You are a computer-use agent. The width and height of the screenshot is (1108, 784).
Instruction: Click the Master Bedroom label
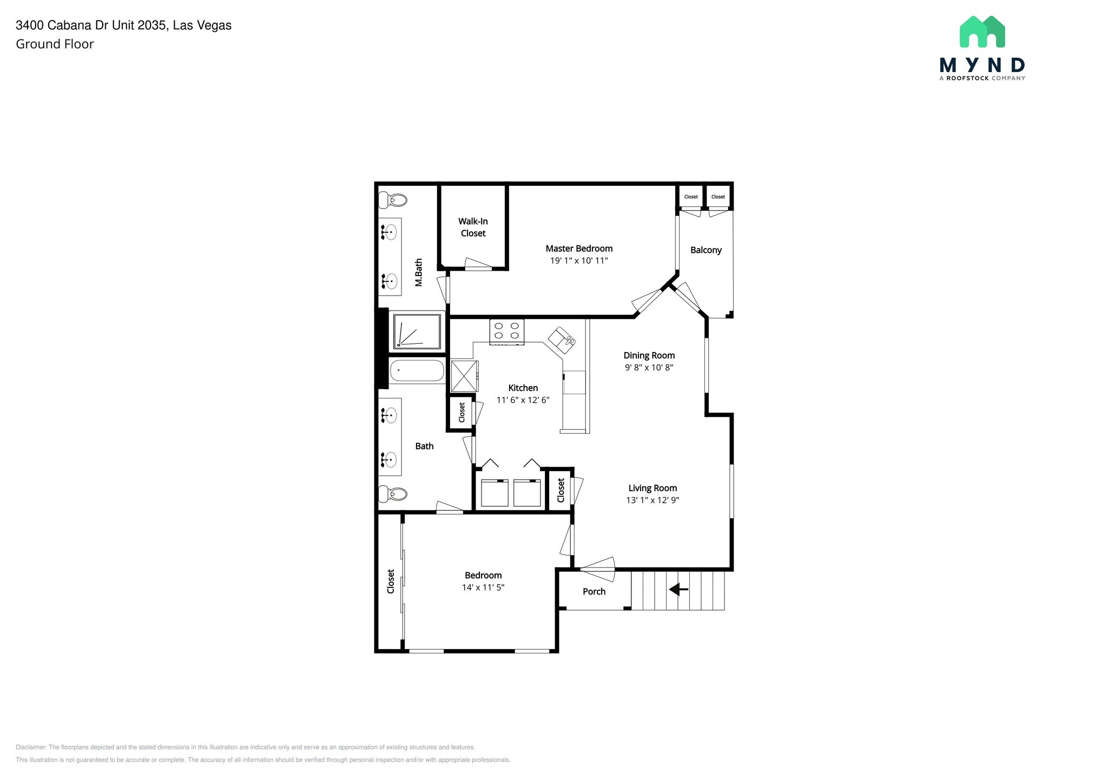pyautogui.click(x=579, y=249)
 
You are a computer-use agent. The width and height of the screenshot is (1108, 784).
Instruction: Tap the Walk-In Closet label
pyautogui.click(x=473, y=227)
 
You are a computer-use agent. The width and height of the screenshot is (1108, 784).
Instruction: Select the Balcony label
pyautogui.click(x=705, y=250)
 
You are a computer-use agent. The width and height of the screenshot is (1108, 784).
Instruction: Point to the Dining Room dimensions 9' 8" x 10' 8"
pyautogui.click(x=649, y=368)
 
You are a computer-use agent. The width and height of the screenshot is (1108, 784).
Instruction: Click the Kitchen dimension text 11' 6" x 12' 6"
pyautogui.click(x=523, y=400)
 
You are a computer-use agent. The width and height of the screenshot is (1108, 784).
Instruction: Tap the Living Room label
pyautogui.click(x=652, y=488)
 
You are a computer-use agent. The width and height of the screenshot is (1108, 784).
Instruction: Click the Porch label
pyautogui.click(x=594, y=592)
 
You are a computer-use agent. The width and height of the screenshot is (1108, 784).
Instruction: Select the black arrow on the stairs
pyautogui.click(x=678, y=589)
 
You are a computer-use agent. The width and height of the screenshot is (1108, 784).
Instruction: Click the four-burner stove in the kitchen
pyautogui.click(x=507, y=332)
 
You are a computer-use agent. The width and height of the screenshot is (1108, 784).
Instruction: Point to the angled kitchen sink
pyautogui.click(x=562, y=338)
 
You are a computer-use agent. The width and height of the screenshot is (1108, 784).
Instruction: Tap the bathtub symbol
pyautogui.click(x=417, y=371)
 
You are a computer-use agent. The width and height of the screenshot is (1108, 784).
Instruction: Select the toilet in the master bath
pyautogui.click(x=393, y=200)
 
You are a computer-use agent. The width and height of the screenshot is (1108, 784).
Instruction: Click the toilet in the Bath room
pyautogui.click(x=393, y=494)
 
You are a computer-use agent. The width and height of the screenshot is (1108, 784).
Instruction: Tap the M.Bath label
pyautogui.click(x=419, y=272)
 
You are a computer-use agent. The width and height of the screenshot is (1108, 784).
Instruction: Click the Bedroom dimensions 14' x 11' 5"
pyautogui.click(x=483, y=587)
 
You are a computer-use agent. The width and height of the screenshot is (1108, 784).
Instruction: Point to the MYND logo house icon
pyautogui.click(x=982, y=31)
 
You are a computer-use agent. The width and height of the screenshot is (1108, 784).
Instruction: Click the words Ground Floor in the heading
pyautogui.click(x=55, y=44)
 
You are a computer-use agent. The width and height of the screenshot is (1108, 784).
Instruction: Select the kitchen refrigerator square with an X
pyautogui.click(x=465, y=376)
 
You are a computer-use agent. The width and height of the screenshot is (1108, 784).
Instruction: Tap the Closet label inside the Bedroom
pyautogui.click(x=391, y=581)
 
